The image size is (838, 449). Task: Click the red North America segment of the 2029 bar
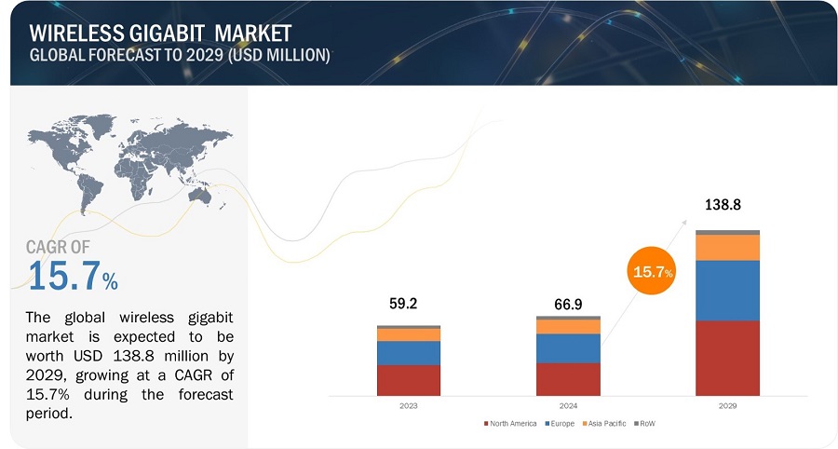coord(727,358)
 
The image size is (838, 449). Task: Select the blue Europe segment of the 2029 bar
coord(727,290)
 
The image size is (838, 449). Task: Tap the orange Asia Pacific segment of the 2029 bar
coord(727,247)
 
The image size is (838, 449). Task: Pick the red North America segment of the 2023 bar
coord(409,380)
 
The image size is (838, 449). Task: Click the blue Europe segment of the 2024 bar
coord(568,347)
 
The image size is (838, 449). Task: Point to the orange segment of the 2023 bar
coord(409,334)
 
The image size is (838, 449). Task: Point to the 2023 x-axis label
coord(409,407)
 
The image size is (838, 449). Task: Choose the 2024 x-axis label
coord(568,407)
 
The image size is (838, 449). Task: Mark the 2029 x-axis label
coord(727,407)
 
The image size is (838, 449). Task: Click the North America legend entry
coord(511,424)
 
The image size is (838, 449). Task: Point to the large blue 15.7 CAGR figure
coord(65,275)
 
